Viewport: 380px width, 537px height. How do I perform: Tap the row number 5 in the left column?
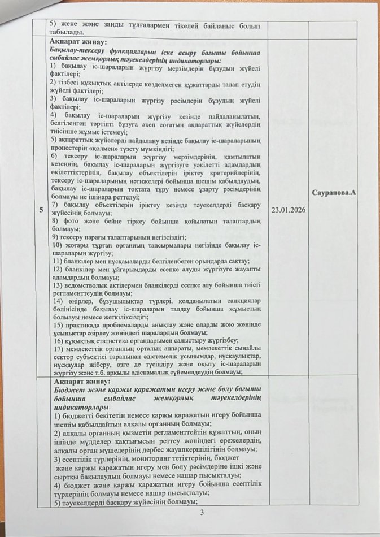[40, 210]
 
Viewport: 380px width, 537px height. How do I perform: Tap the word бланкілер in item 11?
[81, 262]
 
